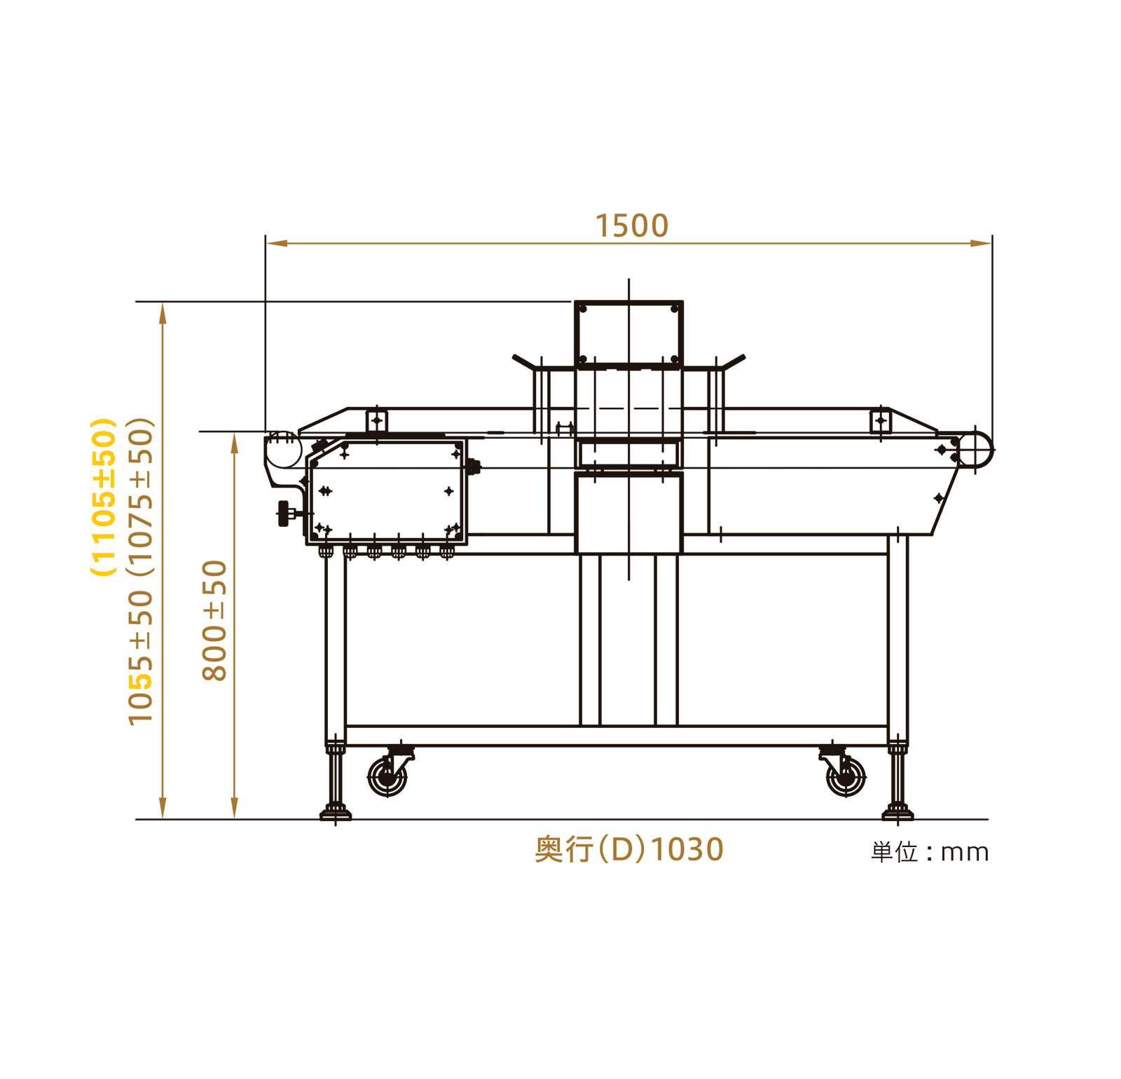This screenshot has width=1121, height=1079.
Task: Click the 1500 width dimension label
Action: click(x=631, y=226)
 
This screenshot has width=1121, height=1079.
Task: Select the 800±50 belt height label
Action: click(x=214, y=620)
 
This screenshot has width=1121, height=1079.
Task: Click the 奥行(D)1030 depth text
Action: click(x=628, y=849)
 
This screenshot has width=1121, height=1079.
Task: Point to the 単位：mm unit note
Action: click(x=930, y=852)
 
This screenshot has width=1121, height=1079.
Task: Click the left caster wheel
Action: click(x=387, y=777)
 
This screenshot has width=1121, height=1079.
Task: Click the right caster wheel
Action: click(x=846, y=777)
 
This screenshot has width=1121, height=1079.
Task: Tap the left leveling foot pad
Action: click(x=336, y=813)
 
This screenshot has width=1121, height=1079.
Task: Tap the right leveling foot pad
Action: click(x=898, y=813)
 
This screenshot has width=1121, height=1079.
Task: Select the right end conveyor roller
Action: click(x=975, y=449)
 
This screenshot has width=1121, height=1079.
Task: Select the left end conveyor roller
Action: click(x=283, y=449)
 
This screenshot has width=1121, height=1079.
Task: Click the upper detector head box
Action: click(x=628, y=333)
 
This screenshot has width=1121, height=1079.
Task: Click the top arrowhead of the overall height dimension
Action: click(x=163, y=312)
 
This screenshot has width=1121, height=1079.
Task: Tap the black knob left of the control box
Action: click(x=284, y=513)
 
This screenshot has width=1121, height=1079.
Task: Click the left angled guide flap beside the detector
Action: click(x=523, y=362)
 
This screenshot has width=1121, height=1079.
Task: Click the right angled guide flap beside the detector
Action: click(x=734, y=362)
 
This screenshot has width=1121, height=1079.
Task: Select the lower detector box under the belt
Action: click(x=628, y=513)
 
